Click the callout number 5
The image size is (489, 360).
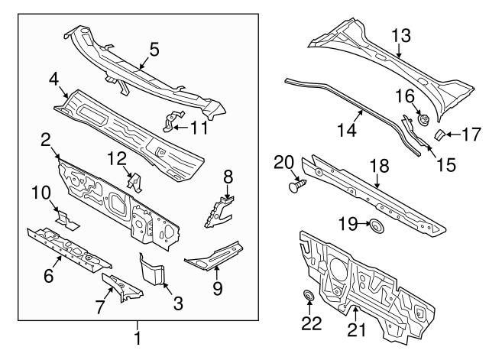(x=154, y=50)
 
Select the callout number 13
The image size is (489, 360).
(x=400, y=36)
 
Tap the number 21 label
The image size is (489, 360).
(x=357, y=329)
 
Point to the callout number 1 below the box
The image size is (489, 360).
(x=138, y=338)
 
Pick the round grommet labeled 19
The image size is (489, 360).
(x=377, y=225)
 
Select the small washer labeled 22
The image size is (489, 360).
(x=309, y=295)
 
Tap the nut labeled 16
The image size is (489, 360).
(x=423, y=120)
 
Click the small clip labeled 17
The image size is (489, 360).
(x=439, y=135)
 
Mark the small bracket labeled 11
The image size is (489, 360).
(x=173, y=121)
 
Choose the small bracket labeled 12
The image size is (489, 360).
(x=135, y=182)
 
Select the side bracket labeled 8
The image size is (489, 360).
(x=219, y=211)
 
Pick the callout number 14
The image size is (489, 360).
(x=346, y=130)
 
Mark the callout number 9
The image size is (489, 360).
(x=217, y=288)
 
